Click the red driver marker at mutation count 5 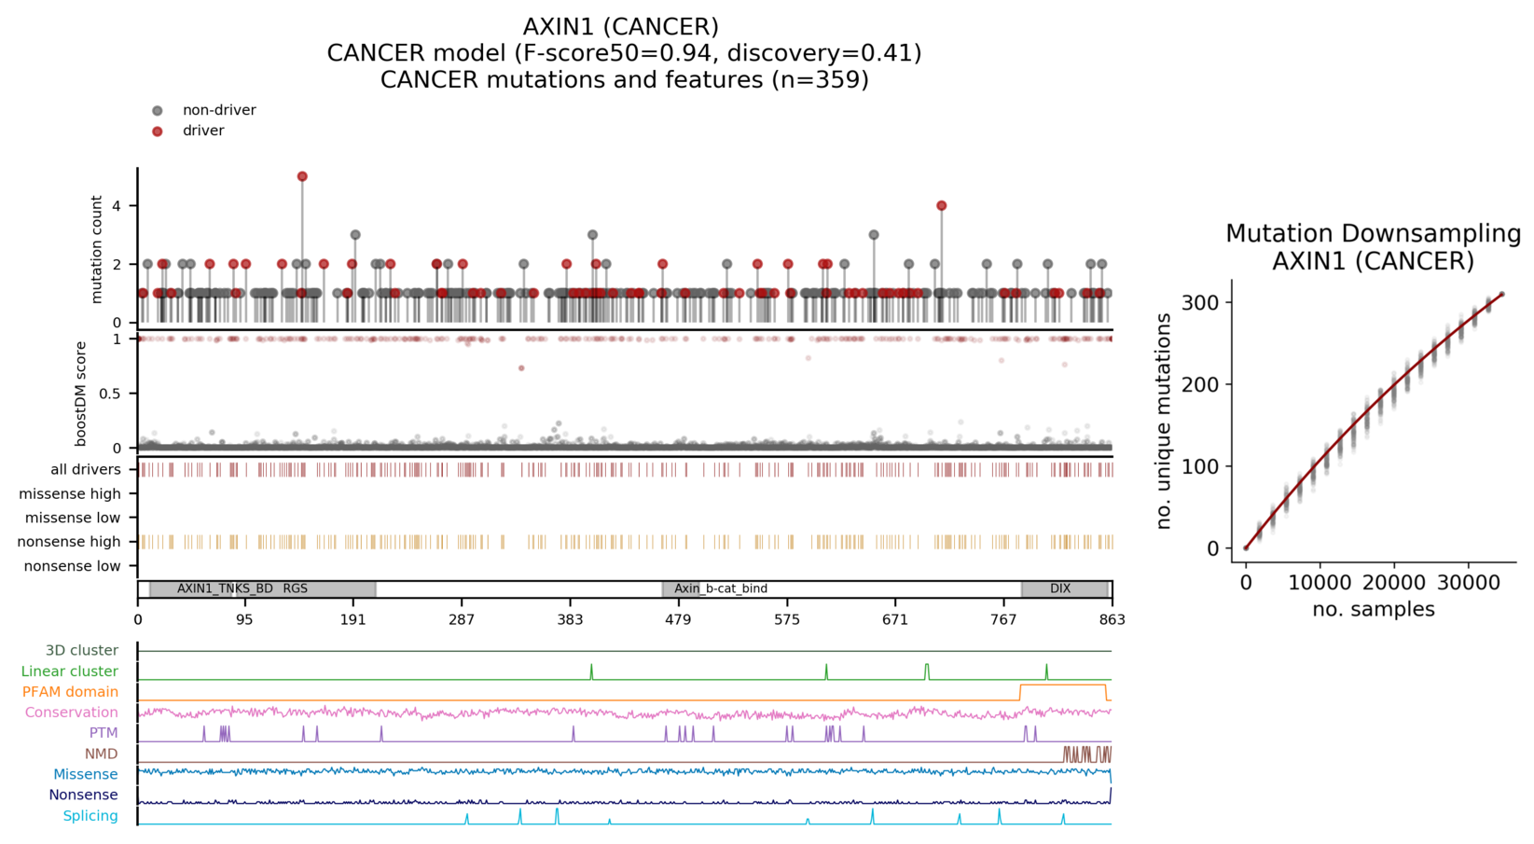[x=302, y=176]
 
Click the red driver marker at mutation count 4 [x=941, y=206]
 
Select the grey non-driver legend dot [x=158, y=110]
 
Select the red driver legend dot [x=158, y=131]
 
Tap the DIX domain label [x=1060, y=588]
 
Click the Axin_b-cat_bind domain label [x=721, y=588]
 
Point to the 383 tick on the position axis [x=570, y=619]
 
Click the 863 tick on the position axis [x=1112, y=619]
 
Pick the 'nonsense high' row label [x=70, y=542]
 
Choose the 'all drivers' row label [x=86, y=470]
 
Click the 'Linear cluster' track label [x=70, y=671]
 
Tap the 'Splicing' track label [x=90, y=816]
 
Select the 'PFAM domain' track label [x=71, y=692]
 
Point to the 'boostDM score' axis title [x=81, y=394]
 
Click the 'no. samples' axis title [x=1373, y=610]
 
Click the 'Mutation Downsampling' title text [x=1373, y=234]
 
